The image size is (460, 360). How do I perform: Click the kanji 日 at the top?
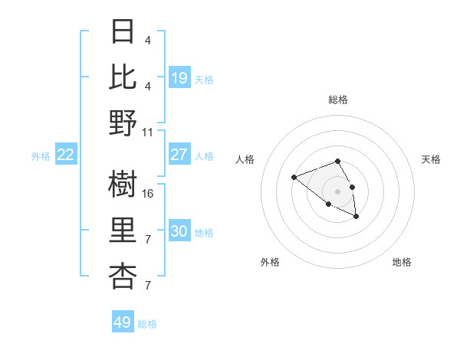pos(123,33)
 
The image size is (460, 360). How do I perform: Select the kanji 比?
pos(123,77)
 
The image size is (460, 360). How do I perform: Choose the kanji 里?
pos(123,231)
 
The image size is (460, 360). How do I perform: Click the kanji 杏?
pos(123,276)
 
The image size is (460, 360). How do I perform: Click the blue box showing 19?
pos(179,78)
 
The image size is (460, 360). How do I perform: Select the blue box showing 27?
pos(179,155)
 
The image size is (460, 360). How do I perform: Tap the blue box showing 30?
pos(179,231)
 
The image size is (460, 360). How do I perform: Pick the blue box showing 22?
pos(66,155)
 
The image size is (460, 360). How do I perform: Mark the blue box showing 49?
pos(123,322)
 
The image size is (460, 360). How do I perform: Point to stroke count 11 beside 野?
pos(148,132)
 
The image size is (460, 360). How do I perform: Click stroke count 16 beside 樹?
pos(148,194)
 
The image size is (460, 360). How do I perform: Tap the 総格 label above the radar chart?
pos(337,100)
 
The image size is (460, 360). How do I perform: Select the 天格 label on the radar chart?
pos(431,159)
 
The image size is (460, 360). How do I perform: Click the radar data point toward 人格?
pos(294,178)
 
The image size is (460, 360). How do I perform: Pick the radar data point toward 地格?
pos(356,218)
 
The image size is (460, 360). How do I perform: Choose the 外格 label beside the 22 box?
pos(41,156)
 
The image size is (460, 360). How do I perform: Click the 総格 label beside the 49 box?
pos(147,324)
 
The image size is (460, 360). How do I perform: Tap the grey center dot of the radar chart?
pos(337,191)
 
